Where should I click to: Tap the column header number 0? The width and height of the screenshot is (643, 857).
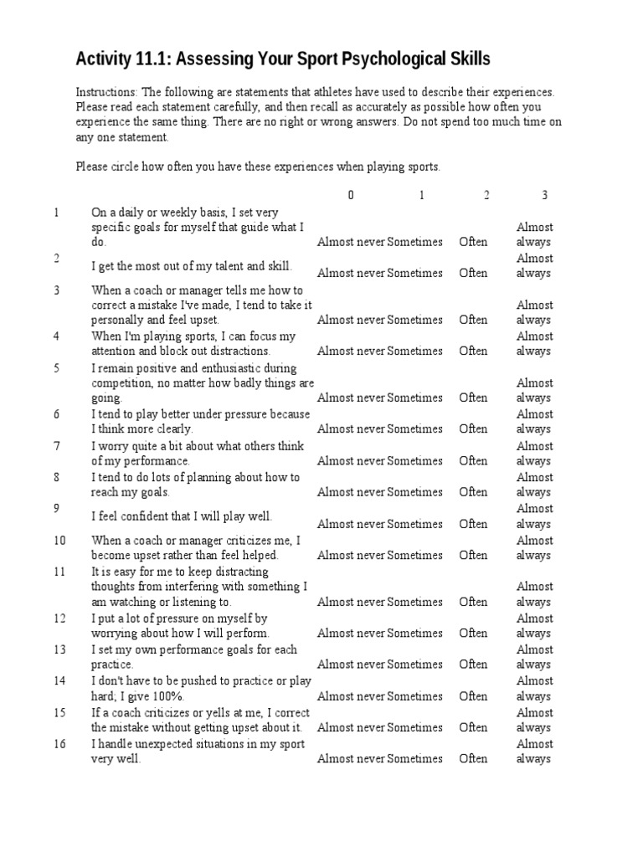tap(351, 195)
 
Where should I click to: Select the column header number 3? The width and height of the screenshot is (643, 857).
tap(544, 195)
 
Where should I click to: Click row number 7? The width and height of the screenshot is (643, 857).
tap(56, 446)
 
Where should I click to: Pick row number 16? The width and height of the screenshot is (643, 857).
tap(59, 744)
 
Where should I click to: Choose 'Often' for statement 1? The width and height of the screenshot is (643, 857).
tap(473, 242)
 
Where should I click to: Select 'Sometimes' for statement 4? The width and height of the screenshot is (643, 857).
tap(415, 352)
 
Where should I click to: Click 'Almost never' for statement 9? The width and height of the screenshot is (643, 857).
tap(351, 524)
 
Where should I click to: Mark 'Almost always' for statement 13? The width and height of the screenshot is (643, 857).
tap(535, 657)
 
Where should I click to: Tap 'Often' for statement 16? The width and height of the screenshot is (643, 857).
tap(473, 759)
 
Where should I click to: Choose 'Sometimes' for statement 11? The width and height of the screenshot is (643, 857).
tap(415, 602)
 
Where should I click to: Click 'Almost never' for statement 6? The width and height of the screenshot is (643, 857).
tap(351, 429)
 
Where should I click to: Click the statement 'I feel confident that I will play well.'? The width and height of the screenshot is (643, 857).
tap(182, 516)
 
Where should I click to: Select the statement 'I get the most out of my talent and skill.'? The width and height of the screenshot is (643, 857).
tap(192, 265)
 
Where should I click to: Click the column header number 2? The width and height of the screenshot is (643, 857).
tap(486, 195)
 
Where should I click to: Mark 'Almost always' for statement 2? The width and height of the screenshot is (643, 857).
tap(535, 265)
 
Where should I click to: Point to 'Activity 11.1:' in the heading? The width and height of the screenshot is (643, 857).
tap(116, 59)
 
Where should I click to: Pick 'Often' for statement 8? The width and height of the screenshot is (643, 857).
tap(473, 492)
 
